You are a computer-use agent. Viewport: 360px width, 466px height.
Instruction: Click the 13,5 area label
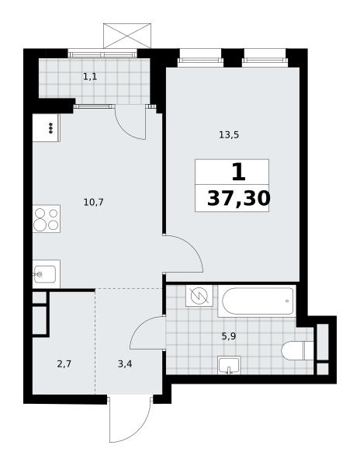(229, 135)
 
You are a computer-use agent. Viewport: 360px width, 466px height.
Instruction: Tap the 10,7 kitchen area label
(93, 203)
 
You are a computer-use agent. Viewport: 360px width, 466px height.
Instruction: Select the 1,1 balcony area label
(90, 77)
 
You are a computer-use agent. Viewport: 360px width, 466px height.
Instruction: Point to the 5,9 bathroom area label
(229, 336)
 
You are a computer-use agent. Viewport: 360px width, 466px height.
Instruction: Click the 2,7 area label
(64, 363)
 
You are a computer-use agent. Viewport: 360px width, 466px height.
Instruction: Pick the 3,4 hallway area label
(125, 363)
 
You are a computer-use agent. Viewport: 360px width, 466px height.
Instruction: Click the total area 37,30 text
(239, 198)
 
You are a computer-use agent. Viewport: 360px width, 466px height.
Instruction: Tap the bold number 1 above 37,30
(239, 172)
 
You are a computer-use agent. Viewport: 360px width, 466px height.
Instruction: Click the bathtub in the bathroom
(257, 301)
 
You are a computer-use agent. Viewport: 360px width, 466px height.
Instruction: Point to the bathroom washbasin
(229, 365)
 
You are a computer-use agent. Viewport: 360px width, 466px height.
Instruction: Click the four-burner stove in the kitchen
(47, 219)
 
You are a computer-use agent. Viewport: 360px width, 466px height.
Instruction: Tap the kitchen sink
(46, 274)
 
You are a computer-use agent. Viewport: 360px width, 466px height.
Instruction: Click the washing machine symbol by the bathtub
(199, 296)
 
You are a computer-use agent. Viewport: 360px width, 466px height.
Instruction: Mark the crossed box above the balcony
(127, 36)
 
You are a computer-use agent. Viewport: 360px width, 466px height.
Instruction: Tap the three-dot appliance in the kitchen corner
(50, 128)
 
